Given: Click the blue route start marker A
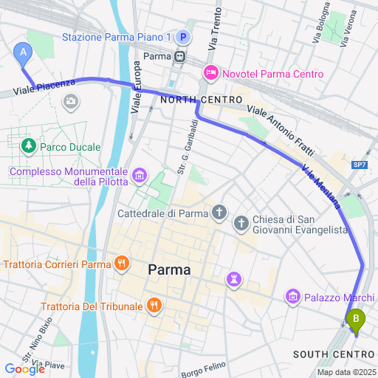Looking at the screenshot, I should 24,53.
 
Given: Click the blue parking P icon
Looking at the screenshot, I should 183,36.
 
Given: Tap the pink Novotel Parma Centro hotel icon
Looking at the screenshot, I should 210,74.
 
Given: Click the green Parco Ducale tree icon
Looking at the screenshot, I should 29,147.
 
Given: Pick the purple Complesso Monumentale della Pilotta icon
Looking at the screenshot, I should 140,176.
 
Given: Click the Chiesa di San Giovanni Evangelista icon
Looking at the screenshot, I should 241,223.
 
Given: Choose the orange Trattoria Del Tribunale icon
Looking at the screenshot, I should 154,304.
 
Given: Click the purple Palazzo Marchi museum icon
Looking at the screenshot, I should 292,298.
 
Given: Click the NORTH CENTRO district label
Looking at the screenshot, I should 201,100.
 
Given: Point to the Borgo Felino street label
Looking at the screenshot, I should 202,366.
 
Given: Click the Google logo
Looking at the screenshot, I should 24,368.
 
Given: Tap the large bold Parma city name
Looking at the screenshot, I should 169,270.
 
